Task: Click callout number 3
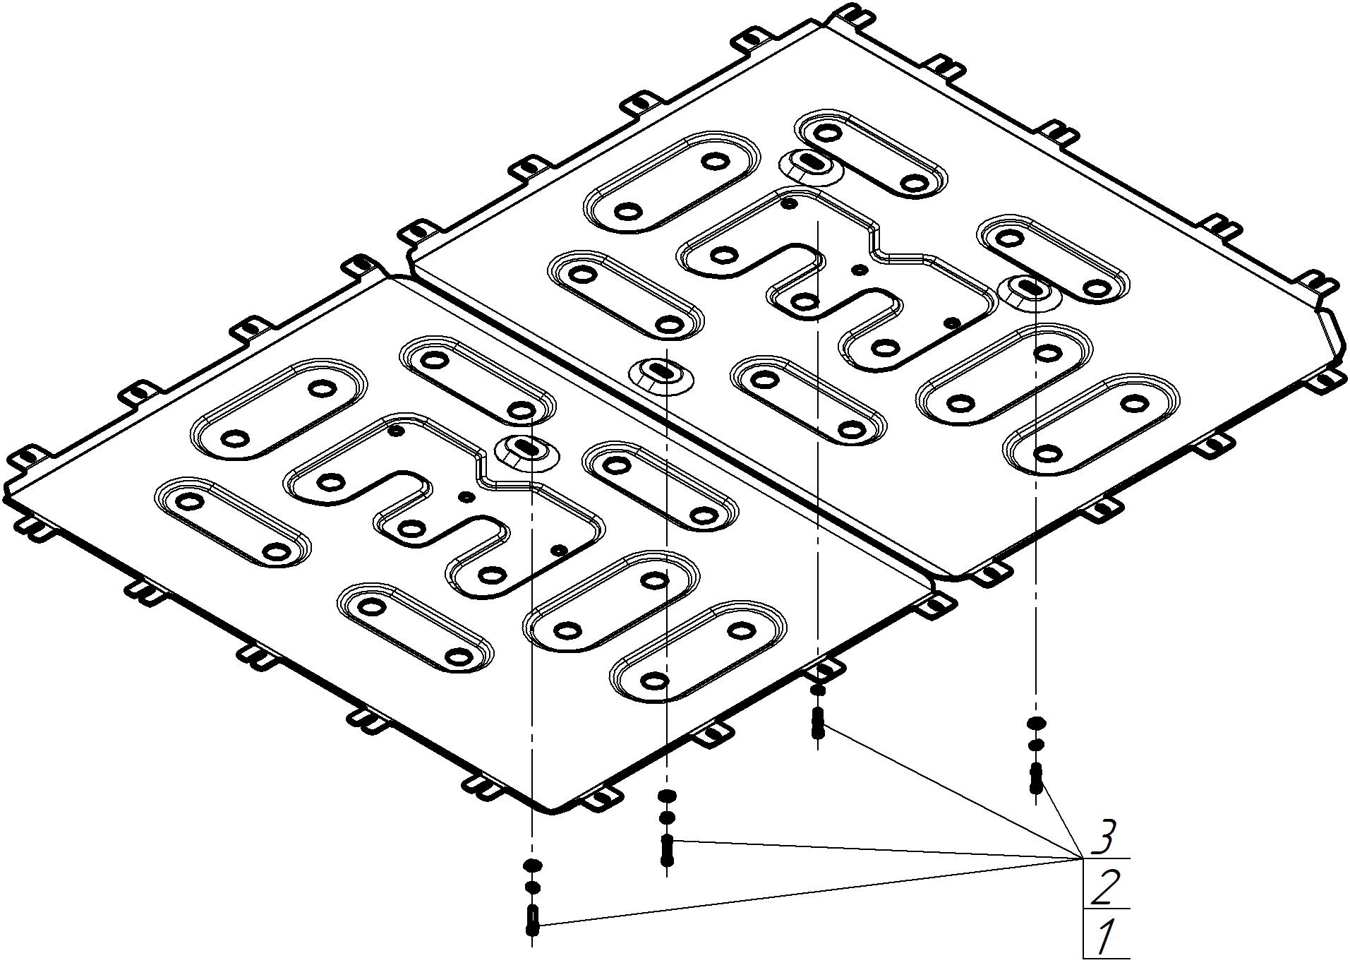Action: (x=1103, y=838)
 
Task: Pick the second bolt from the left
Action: (x=667, y=850)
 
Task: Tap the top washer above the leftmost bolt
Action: (x=532, y=865)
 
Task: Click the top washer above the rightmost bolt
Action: (x=1036, y=723)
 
